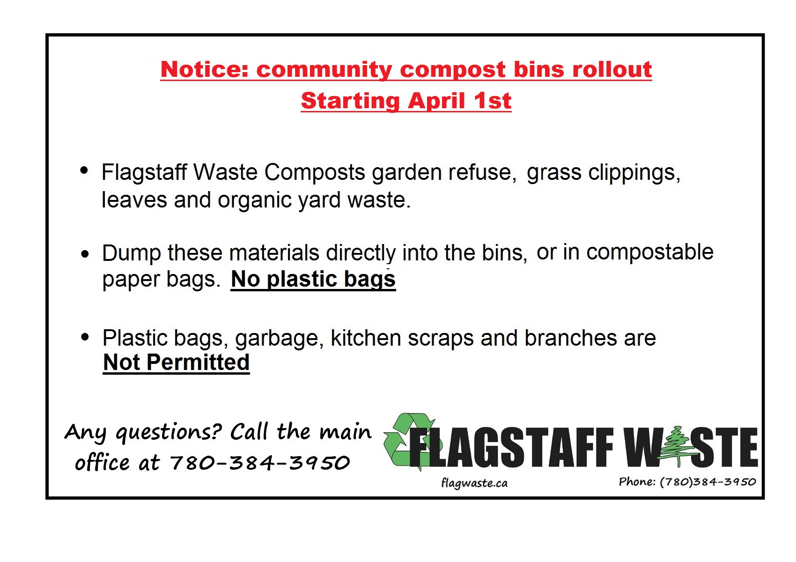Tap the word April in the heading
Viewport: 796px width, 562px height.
point(437,101)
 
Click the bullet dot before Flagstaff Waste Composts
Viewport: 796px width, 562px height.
point(84,170)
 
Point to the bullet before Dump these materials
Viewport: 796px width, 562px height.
point(85,254)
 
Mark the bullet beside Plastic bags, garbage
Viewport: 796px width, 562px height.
point(85,337)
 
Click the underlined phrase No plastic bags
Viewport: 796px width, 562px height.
point(313,280)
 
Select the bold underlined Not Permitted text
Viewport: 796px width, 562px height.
point(176,362)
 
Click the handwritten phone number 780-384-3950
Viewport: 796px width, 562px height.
point(260,463)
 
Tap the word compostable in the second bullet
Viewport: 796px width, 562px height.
point(650,252)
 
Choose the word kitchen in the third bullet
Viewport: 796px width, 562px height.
point(366,337)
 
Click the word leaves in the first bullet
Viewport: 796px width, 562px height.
point(134,200)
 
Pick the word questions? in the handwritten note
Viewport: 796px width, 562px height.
point(169,433)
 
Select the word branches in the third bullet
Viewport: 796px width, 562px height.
point(571,337)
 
